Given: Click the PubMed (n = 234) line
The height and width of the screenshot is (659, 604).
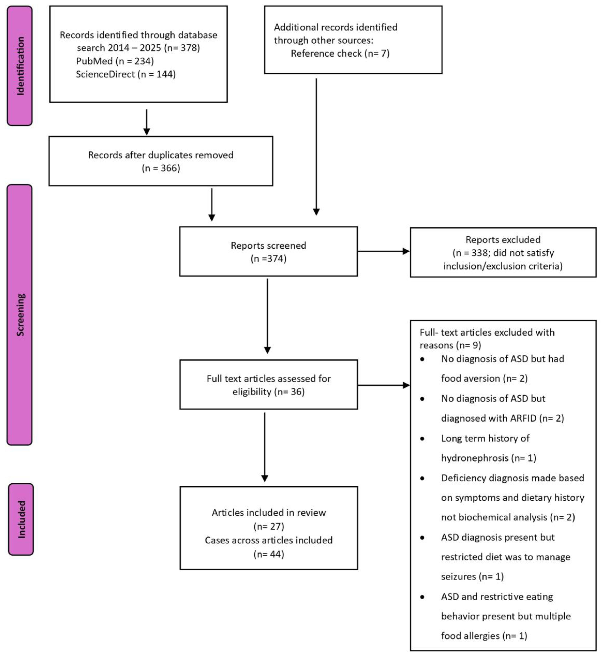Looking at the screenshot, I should coord(115,61).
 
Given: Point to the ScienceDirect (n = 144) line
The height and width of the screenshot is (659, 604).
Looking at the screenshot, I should coord(125,74).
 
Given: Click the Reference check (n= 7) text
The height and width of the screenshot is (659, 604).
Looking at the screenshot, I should coord(340,53).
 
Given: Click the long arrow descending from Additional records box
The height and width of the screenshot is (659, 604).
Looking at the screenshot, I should coord(316,147).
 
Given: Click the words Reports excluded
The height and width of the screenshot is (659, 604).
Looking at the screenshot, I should coord(503,240).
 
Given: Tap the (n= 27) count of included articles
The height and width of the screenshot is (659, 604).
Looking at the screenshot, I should coord(269,526).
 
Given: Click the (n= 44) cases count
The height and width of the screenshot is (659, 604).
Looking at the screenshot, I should coord(269,554).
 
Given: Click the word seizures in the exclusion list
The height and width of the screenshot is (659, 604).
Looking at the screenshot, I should coord(459,577).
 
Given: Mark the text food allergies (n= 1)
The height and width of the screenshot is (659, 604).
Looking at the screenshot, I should coord(484,636).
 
